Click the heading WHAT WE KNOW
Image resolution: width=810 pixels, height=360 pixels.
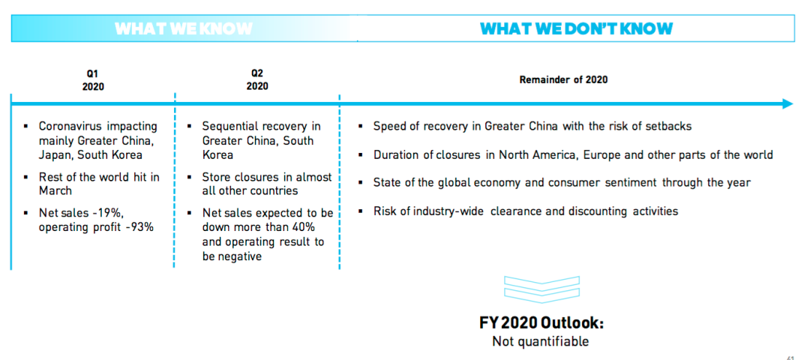click(184, 28)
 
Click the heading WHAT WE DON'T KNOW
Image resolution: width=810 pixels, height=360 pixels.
click(576, 28)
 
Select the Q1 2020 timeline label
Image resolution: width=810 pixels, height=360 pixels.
click(93, 80)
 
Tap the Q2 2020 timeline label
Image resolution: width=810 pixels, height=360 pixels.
click(257, 79)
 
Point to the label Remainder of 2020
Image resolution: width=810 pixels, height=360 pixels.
click(563, 79)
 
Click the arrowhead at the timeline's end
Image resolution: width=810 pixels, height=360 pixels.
click(787, 103)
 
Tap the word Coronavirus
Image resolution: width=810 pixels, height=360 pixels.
click(71, 127)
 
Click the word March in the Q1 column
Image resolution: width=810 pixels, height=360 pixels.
click(55, 191)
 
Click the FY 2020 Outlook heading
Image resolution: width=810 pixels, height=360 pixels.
click(541, 323)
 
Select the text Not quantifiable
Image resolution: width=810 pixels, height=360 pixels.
click(540, 341)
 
